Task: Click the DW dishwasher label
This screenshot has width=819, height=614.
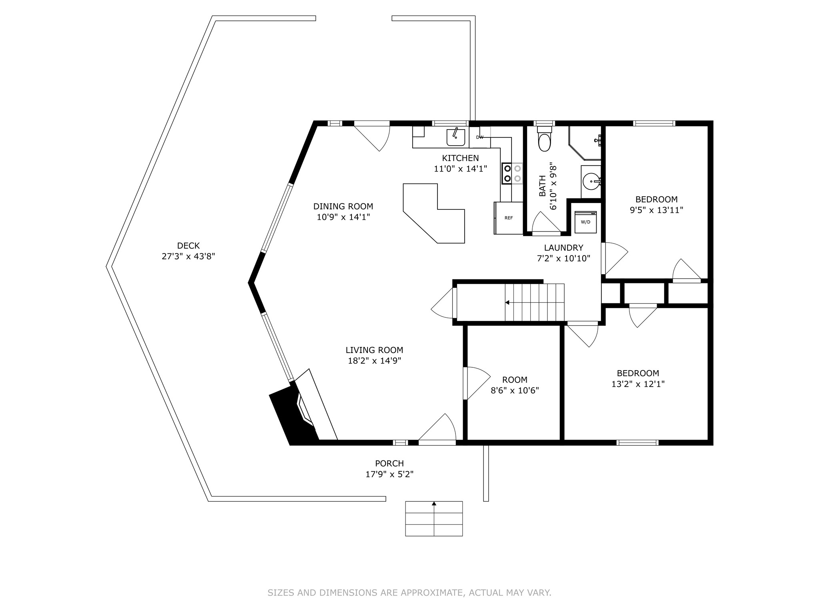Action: [480, 137]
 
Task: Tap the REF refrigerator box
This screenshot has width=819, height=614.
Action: [509, 218]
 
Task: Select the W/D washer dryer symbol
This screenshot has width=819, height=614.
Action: [585, 222]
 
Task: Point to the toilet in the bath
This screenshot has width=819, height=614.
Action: [544, 140]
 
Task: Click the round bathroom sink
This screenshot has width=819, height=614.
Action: [591, 182]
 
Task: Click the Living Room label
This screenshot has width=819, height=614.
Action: [374, 350]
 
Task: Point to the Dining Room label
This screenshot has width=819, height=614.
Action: [343, 207]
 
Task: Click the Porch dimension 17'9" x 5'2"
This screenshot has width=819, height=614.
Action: [390, 474]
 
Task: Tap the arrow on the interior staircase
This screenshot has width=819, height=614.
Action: [507, 303]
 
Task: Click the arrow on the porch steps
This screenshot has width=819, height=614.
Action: [434, 504]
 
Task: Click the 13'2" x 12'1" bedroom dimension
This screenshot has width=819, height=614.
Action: [638, 384]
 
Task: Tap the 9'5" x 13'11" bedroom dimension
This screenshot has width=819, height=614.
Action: [656, 210]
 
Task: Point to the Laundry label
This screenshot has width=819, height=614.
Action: [563, 248]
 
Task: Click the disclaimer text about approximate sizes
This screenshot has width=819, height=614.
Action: [409, 593]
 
